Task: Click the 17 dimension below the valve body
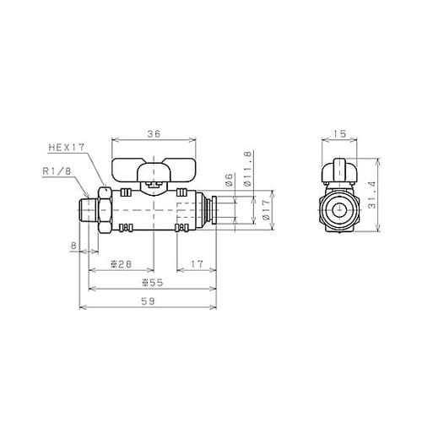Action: click(x=195, y=265)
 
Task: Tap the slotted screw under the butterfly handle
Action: click(x=154, y=180)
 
